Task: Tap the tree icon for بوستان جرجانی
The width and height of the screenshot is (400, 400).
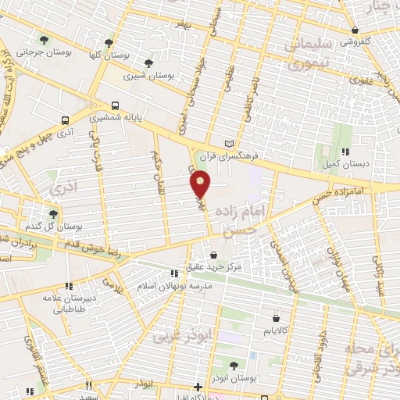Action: (x=44, y=39)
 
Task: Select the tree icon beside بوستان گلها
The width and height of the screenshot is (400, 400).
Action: (x=109, y=44)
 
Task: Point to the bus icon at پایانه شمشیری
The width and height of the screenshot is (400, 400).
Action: (x=116, y=105)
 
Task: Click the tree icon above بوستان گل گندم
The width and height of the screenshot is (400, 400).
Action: (x=53, y=213)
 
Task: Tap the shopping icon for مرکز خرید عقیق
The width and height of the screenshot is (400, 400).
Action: (x=214, y=255)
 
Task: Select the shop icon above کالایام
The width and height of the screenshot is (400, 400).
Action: (x=277, y=318)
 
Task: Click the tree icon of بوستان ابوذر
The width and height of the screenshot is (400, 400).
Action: (x=236, y=365)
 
